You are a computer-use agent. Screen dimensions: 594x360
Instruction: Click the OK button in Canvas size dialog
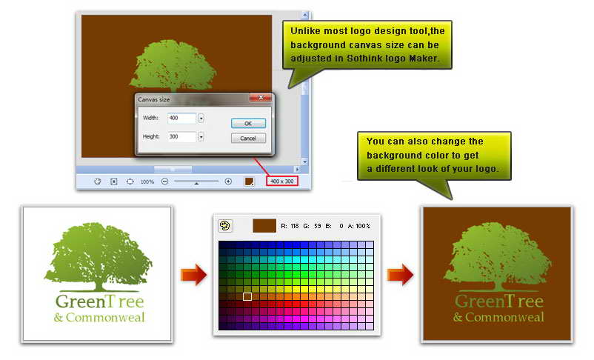click(248, 123)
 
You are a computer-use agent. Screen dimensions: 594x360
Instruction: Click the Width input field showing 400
click(182, 119)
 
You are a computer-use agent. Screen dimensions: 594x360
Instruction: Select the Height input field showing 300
click(182, 136)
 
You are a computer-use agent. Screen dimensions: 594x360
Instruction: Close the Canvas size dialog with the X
click(261, 98)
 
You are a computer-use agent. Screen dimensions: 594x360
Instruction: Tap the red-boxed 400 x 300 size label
click(282, 181)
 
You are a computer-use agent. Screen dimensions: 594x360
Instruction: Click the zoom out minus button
click(164, 181)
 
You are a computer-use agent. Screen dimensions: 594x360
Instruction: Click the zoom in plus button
click(228, 181)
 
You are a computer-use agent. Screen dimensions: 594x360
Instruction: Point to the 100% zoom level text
click(147, 182)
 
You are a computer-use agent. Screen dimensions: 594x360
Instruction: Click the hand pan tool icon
click(98, 181)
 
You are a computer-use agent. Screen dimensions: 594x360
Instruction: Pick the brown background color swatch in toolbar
click(249, 181)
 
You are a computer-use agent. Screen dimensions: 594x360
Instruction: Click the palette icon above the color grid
click(225, 226)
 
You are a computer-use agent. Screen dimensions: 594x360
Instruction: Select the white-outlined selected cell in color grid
click(247, 296)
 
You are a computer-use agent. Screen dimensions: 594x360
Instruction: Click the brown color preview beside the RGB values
click(264, 225)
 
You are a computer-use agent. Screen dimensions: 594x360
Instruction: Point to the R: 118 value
click(290, 226)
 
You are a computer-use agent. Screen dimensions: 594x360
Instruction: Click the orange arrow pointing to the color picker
click(193, 274)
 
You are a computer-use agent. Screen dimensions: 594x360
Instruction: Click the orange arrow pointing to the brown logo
click(400, 274)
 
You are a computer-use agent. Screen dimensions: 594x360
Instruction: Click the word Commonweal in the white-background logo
click(105, 317)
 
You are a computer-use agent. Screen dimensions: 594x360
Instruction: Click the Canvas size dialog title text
click(154, 99)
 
